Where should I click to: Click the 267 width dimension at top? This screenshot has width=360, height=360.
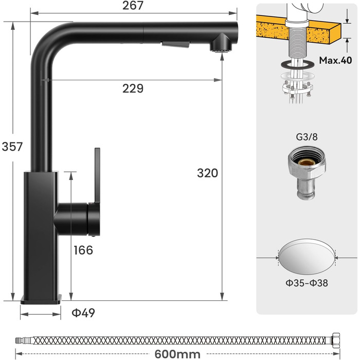pyautogui.click(x=133, y=6)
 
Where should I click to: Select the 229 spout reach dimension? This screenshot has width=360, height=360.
pyautogui.click(x=133, y=88)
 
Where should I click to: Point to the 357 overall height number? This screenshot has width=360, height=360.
pyautogui.click(x=12, y=147)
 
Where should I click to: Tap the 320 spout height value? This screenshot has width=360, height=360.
pyautogui.click(x=207, y=173)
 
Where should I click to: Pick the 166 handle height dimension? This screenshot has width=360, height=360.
pyautogui.click(x=83, y=250)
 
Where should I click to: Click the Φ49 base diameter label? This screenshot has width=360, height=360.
pyautogui.click(x=84, y=312)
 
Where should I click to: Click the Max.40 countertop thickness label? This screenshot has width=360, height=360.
pyautogui.click(x=335, y=60)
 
